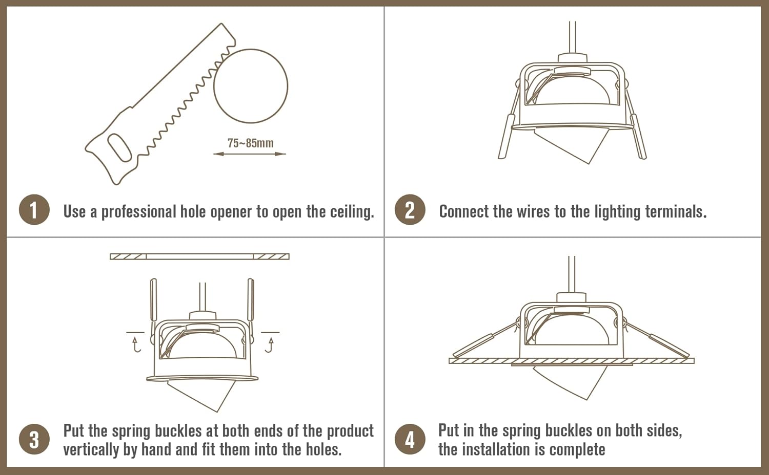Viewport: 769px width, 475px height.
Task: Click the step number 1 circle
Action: (34, 210)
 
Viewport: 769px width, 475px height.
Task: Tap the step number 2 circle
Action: (410, 210)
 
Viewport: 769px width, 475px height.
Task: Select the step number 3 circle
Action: (34, 439)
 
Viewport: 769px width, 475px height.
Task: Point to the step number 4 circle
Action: (410, 439)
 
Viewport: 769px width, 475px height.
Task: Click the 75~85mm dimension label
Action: (251, 143)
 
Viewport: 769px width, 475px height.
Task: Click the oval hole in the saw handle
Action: (119, 148)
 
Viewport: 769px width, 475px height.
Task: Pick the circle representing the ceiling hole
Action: (251, 86)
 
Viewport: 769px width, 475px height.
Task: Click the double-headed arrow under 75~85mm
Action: (250, 154)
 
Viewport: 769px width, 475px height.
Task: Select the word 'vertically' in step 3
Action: (91, 449)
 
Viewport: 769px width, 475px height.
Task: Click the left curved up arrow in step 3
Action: (136, 344)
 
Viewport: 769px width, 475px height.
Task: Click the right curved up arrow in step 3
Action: (270, 344)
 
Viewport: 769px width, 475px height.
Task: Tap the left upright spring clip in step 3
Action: (153, 305)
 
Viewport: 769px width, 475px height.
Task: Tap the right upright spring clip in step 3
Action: (251, 305)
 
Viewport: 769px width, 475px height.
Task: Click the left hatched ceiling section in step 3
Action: (128, 256)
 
